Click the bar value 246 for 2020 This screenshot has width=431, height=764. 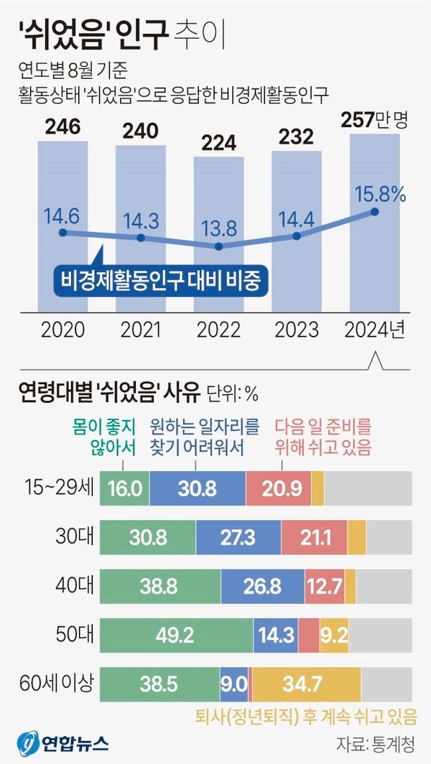62,129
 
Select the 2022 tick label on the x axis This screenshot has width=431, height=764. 219,330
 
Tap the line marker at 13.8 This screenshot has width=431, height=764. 219,246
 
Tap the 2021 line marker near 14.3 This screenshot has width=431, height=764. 141,238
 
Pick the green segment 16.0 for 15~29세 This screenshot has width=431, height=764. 124,489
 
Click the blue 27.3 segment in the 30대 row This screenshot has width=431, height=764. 238,536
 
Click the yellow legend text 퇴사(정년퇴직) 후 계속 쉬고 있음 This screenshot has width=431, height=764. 306,716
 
